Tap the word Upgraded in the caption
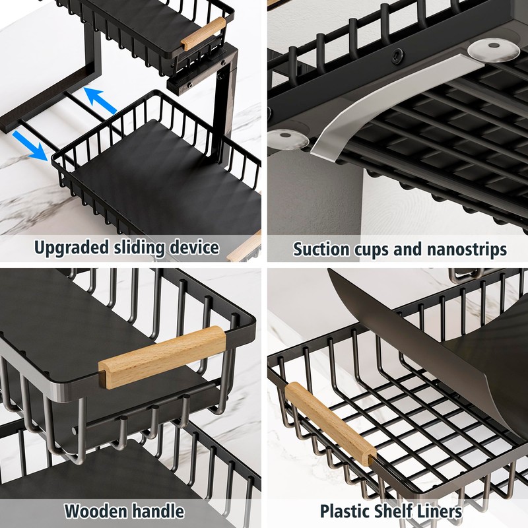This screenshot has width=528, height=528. click(x=71, y=248)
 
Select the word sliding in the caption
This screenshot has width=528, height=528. click(x=145, y=248)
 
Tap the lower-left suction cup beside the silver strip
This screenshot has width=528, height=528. click(x=288, y=139)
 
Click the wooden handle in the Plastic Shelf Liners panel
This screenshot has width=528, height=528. click(x=329, y=422)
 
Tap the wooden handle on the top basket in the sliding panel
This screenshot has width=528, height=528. click(x=203, y=33)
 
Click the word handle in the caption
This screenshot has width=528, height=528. click(x=156, y=510)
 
